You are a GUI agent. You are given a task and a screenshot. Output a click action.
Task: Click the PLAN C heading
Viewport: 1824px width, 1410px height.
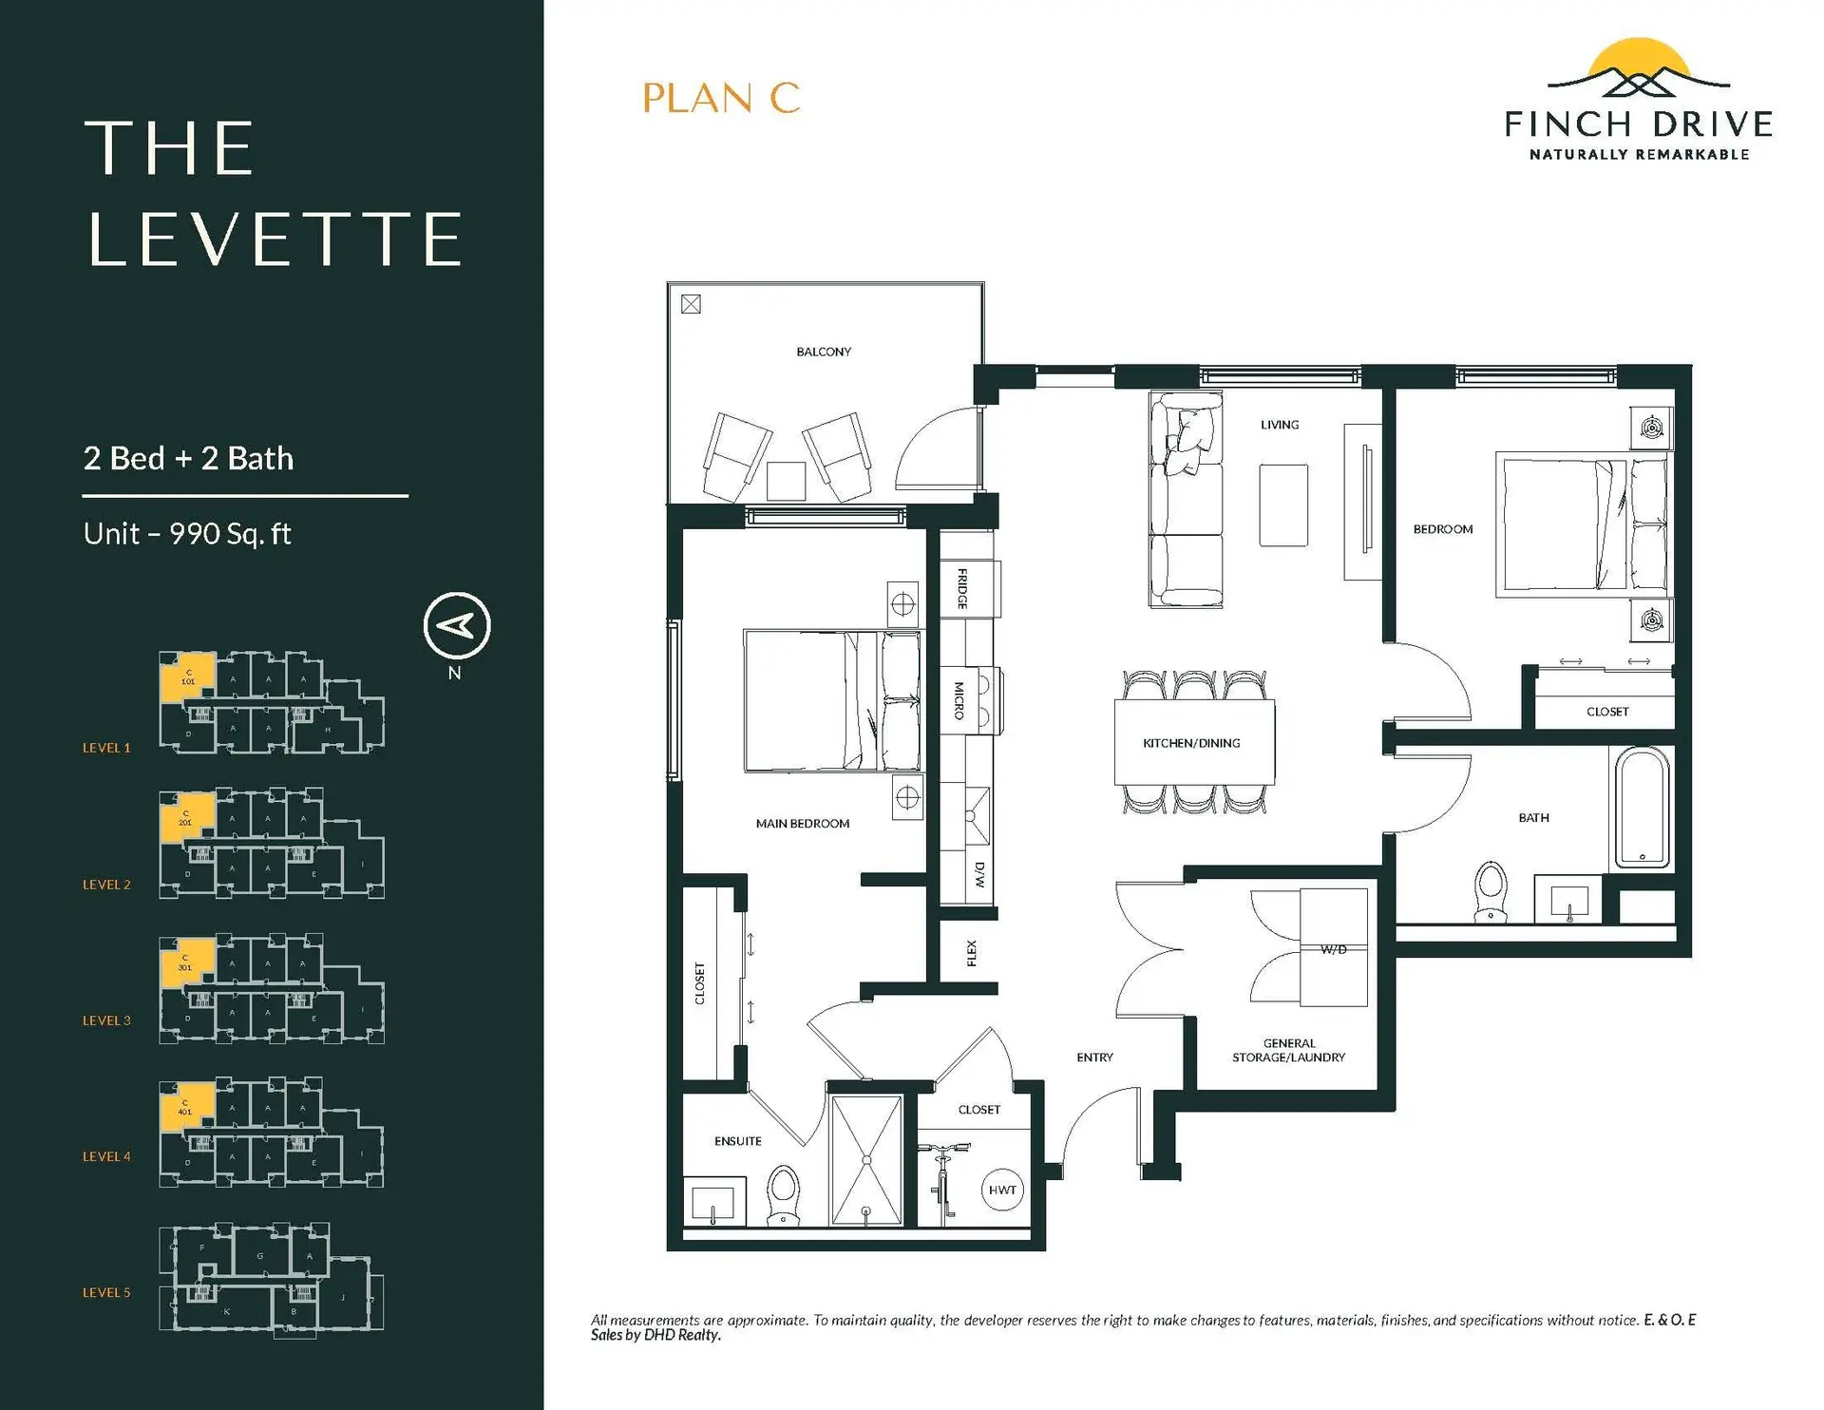pyautogui.click(x=721, y=98)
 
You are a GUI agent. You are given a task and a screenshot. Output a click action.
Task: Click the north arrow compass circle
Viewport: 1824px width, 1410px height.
pyautogui.click(x=457, y=625)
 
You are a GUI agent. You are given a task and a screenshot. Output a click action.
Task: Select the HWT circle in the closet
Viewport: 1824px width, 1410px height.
pyautogui.click(x=1002, y=1190)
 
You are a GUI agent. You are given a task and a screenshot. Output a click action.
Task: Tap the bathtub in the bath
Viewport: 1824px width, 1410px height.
pyautogui.click(x=1643, y=807)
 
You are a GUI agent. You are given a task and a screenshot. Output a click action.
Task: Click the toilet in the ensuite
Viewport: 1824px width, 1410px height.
pyautogui.click(x=784, y=1195)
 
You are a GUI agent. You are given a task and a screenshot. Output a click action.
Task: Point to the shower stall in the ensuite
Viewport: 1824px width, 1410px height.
pyautogui.click(x=865, y=1160)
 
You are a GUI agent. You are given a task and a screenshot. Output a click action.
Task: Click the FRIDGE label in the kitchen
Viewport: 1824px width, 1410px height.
pyautogui.click(x=963, y=588)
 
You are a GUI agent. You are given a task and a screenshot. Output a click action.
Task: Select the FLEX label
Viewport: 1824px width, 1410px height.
pyautogui.click(x=971, y=952)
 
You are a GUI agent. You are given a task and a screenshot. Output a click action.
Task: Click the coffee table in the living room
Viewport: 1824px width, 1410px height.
pyautogui.click(x=1283, y=505)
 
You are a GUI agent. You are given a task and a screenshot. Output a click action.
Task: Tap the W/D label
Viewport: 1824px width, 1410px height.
pyautogui.click(x=1334, y=949)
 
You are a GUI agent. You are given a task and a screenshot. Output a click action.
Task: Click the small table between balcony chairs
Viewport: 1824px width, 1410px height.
pyautogui.click(x=786, y=481)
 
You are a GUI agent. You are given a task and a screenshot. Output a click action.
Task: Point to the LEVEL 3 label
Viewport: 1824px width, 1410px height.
pyautogui.click(x=106, y=1020)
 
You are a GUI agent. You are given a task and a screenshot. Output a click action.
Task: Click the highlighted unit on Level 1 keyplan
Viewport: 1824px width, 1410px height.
pyautogui.click(x=186, y=677)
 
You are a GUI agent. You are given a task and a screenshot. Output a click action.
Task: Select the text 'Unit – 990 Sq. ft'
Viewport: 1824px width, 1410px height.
pyautogui.click(x=187, y=534)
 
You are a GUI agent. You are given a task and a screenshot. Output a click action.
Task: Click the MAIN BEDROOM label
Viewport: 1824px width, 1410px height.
pyautogui.click(x=803, y=824)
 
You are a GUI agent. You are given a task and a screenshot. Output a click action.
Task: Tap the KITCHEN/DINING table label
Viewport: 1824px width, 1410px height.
pyautogui.click(x=1191, y=743)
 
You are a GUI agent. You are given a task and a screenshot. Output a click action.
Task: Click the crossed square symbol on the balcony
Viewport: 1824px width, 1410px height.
pyautogui.click(x=692, y=304)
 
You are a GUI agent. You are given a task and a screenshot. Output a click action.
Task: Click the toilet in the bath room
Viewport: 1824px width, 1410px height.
pyautogui.click(x=1490, y=891)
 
